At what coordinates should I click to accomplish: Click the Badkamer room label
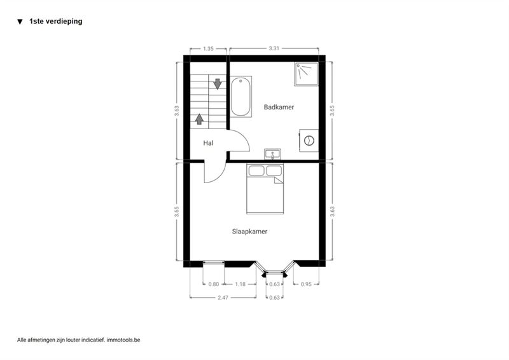pyautogui.click(x=279, y=107)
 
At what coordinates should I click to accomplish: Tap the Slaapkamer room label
pyautogui.click(x=249, y=232)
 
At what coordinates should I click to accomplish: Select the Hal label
pyautogui.click(x=208, y=143)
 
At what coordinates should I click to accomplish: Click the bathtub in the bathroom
pyautogui.click(x=241, y=97)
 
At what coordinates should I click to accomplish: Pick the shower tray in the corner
pyautogui.click(x=306, y=74)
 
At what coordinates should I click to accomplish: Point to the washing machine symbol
pyautogui.click(x=309, y=141)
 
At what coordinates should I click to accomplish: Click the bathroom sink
pyautogui.click(x=272, y=154)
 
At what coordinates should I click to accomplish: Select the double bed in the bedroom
pyautogui.click(x=265, y=189)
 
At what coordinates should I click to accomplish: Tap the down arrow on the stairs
pyautogui.click(x=218, y=84)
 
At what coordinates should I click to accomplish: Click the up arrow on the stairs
pyautogui.click(x=199, y=119)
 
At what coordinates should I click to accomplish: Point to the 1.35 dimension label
pyautogui.click(x=208, y=49)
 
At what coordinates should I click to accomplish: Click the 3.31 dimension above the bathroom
pyautogui.click(x=274, y=48)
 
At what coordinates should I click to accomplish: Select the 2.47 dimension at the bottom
pyautogui.click(x=223, y=297)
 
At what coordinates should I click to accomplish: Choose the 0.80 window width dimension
pyautogui.click(x=214, y=284)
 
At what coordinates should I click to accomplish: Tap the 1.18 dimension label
pyautogui.click(x=241, y=284)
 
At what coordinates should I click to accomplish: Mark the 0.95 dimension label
pyautogui.click(x=306, y=284)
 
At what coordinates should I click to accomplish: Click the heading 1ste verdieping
pyautogui.click(x=56, y=22)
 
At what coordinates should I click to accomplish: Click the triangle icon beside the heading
pyautogui.click(x=20, y=22)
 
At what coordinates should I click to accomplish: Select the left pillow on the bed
pyautogui.click(x=256, y=170)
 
